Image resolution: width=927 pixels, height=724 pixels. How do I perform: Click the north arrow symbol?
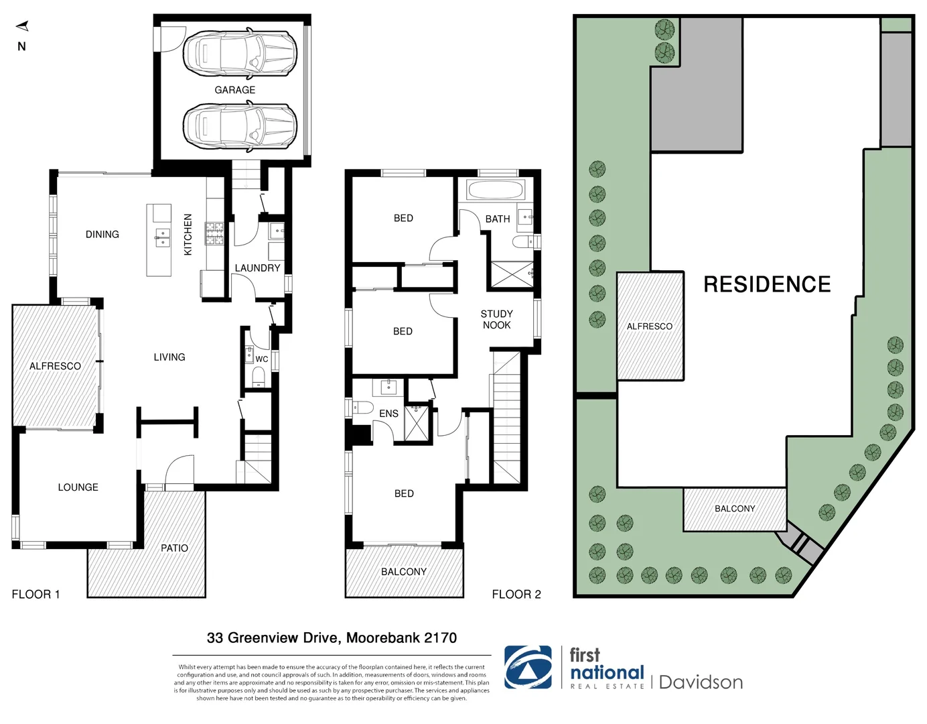point(22,27)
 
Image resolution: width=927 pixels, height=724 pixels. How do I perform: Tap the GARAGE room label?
point(234,90)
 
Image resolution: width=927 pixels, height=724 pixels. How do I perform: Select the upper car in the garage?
point(239,52)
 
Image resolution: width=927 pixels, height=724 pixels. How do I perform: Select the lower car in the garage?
point(239,126)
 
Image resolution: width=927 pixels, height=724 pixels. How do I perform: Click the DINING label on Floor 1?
point(102,234)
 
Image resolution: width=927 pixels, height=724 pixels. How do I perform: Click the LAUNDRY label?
point(257,268)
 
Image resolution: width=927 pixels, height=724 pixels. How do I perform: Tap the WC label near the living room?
point(261,359)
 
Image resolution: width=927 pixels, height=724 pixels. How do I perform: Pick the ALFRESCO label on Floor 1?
point(55,366)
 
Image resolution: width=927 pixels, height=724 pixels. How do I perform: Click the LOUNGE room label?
point(78,487)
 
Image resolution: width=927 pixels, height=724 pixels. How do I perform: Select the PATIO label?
point(174,548)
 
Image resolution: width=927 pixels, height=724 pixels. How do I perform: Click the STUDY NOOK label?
point(496,319)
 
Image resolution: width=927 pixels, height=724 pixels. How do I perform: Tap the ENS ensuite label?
point(388,414)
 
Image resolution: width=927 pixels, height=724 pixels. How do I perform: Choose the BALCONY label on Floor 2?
point(403,572)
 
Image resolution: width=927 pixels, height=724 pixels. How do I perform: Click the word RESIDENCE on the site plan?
point(767,284)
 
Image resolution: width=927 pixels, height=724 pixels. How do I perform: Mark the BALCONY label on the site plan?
point(735,509)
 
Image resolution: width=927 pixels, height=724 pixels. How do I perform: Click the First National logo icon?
point(528,667)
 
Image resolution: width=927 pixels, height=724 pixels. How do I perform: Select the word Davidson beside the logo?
point(701,682)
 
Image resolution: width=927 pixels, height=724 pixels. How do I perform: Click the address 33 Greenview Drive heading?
point(332,638)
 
